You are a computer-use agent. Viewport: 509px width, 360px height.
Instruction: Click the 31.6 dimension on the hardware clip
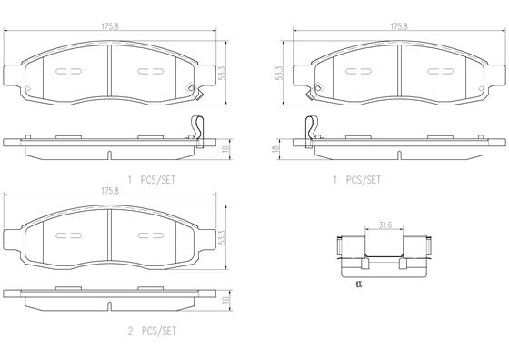tap(385, 225)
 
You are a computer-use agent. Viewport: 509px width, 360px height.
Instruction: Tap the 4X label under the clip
tap(358, 285)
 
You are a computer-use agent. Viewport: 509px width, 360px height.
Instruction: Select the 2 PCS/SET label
tap(152, 331)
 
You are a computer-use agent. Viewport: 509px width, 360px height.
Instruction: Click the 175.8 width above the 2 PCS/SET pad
tap(110, 191)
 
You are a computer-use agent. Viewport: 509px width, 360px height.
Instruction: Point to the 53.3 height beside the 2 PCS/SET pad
tap(222, 237)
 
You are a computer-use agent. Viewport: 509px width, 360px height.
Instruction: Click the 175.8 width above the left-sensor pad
tap(399, 26)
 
